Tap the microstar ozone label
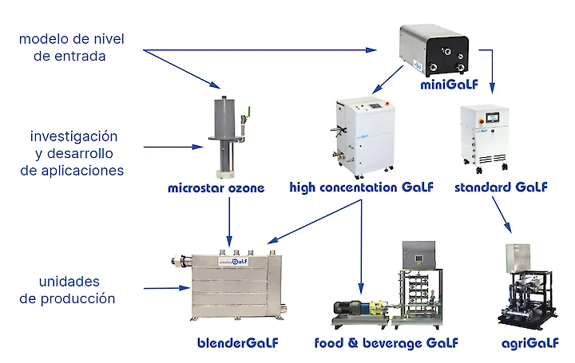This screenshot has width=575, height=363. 216,188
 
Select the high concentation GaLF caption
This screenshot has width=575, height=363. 361,188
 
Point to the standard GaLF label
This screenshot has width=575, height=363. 501,188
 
